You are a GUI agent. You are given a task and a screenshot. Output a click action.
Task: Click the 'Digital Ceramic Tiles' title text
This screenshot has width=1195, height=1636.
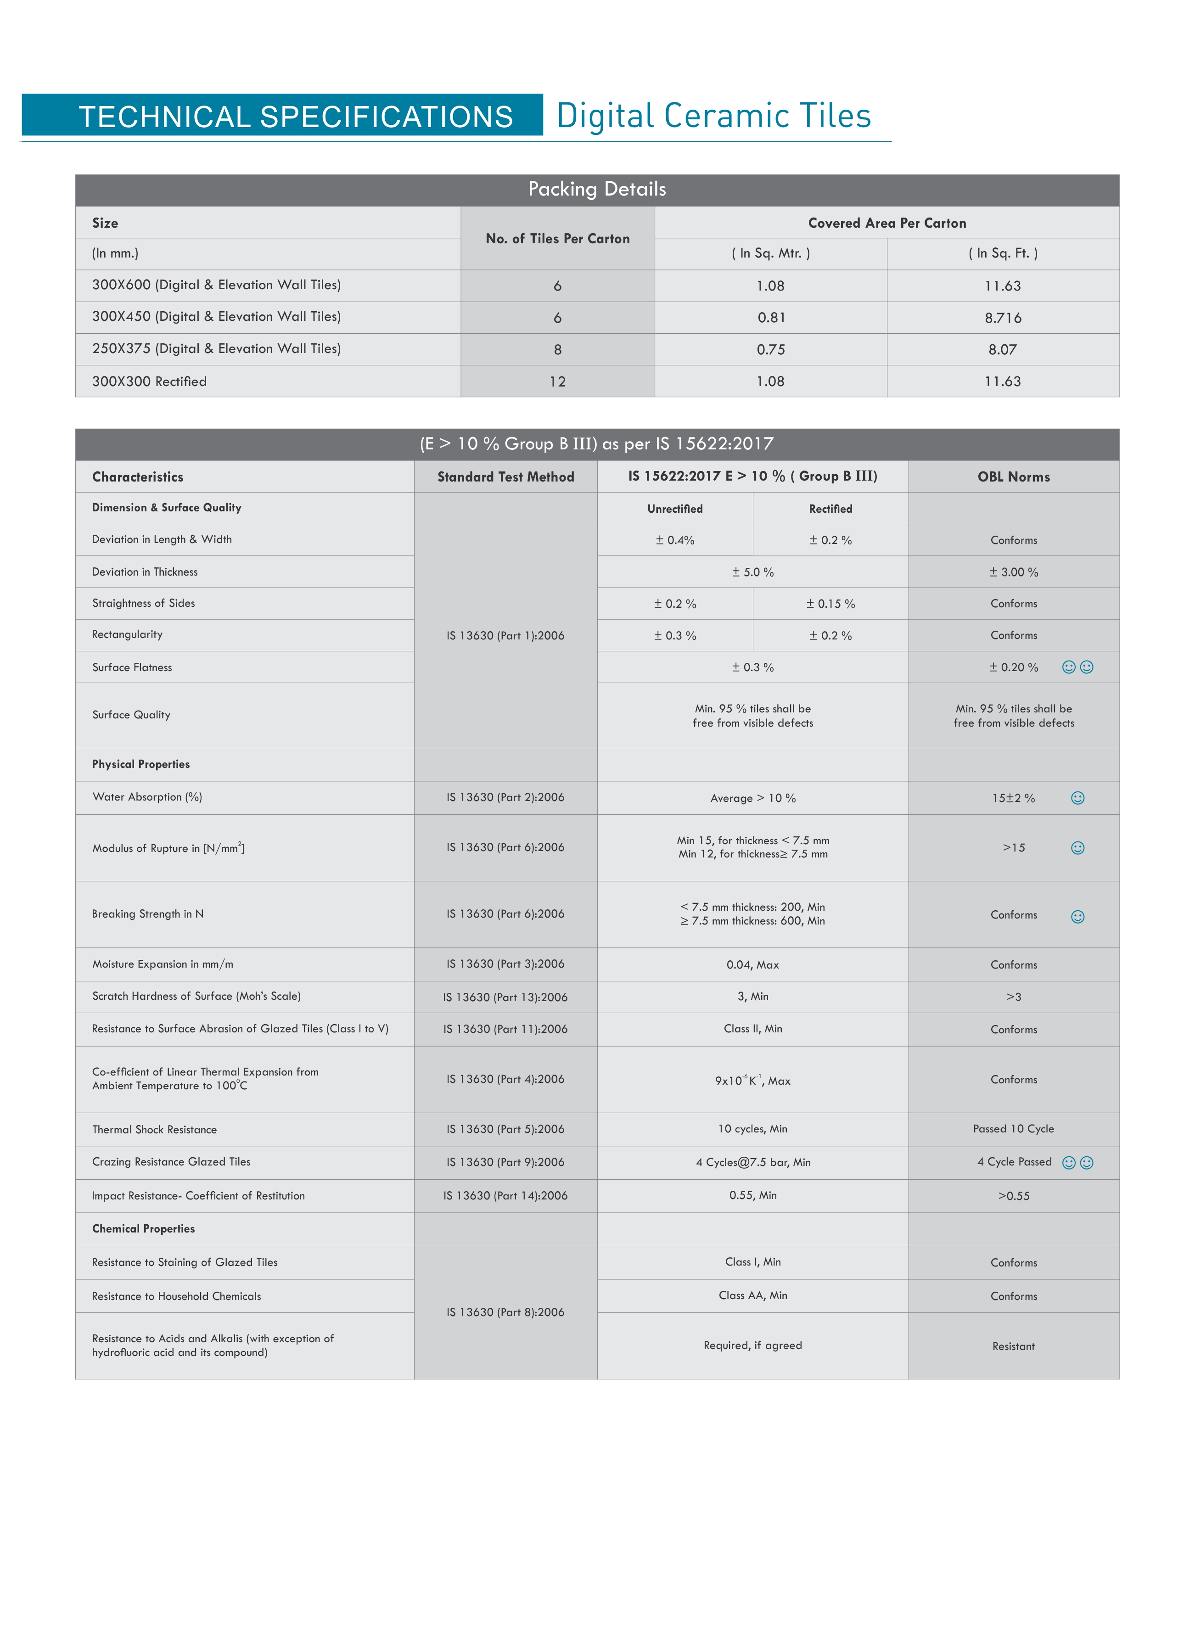click(x=713, y=116)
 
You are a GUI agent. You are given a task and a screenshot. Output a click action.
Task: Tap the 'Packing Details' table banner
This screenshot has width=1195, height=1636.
click(x=597, y=190)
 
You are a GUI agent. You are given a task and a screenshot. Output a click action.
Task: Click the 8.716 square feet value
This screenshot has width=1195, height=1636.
click(x=1003, y=318)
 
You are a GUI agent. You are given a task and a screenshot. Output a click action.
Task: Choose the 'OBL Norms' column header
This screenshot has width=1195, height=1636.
click(x=1014, y=476)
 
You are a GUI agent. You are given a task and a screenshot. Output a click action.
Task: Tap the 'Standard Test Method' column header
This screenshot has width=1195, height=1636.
click(x=505, y=476)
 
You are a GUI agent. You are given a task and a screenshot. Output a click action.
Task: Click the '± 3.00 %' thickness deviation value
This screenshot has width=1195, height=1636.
click(x=1014, y=572)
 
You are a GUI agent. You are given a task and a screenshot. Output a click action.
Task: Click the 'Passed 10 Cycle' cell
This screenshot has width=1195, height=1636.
click(x=1014, y=1129)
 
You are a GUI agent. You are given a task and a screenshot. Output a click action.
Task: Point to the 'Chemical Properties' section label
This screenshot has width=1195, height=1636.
click(x=143, y=1229)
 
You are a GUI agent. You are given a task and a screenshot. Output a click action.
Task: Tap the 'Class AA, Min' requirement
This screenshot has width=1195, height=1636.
click(x=752, y=1295)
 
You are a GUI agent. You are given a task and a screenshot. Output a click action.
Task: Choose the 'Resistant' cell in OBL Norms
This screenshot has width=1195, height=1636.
click(x=1014, y=1346)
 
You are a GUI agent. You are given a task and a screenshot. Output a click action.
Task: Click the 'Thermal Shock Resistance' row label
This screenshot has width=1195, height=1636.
click(x=154, y=1130)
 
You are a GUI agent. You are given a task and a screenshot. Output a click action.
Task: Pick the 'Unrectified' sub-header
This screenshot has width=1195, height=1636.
click(x=674, y=509)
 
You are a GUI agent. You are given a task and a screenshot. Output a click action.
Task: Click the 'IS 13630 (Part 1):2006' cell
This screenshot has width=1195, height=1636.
click(x=505, y=636)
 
